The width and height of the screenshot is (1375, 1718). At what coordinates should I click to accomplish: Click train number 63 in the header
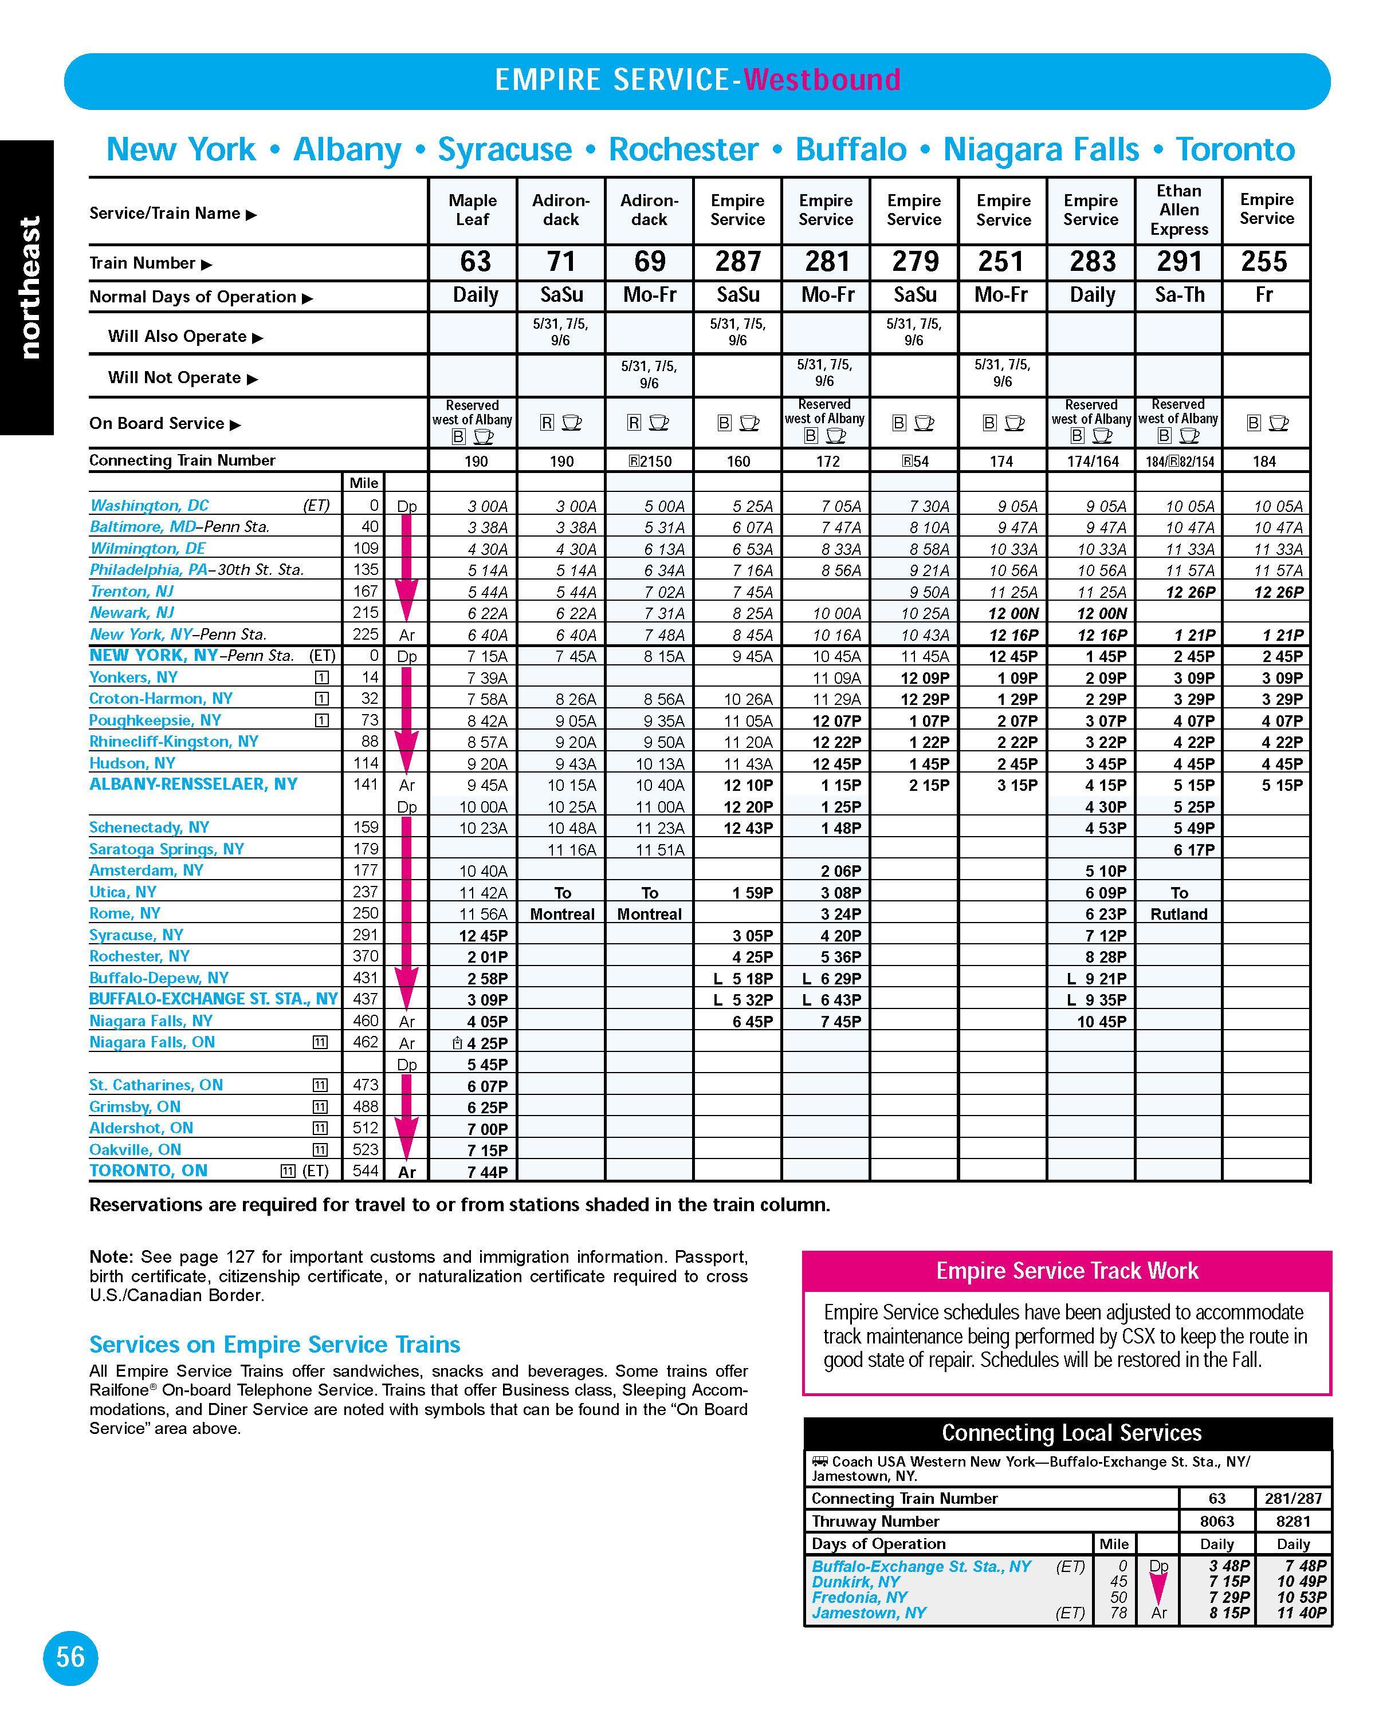pyautogui.click(x=475, y=261)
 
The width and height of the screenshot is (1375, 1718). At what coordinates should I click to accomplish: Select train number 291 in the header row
pyautogui.click(x=1179, y=261)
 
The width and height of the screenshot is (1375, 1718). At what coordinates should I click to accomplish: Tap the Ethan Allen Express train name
pyautogui.click(x=1179, y=210)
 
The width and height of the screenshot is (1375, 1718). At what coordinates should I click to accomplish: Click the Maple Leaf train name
pyautogui.click(x=473, y=210)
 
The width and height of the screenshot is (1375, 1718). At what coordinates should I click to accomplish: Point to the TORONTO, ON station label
pyautogui.click(x=148, y=1171)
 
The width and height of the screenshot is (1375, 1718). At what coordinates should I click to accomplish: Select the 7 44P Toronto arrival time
pyautogui.click(x=487, y=1171)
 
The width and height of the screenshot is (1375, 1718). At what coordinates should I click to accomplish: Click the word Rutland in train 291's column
pyautogui.click(x=1179, y=914)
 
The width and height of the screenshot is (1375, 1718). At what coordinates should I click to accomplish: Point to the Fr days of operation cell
pyautogui.click(x=1264, y=295)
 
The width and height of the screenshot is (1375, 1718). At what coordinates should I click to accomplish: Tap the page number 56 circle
pyautogui.click(x=70, y=1657)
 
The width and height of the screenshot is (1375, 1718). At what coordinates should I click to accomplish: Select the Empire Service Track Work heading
pyautogui.click(x=1067, y=1271)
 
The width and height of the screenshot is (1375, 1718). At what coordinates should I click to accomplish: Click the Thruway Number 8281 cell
pyautogui.click(x=1293, y=1521)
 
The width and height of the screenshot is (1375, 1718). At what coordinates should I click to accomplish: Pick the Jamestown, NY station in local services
pyautogui.click(x=869, y=1613)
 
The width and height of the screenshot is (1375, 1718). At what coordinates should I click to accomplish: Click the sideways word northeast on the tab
pyautogui.click(x=29, y=287)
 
